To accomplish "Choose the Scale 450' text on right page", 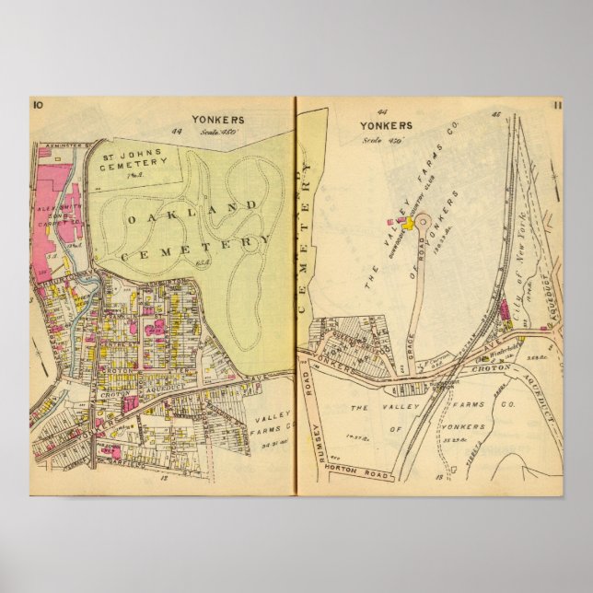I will (377, 139).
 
